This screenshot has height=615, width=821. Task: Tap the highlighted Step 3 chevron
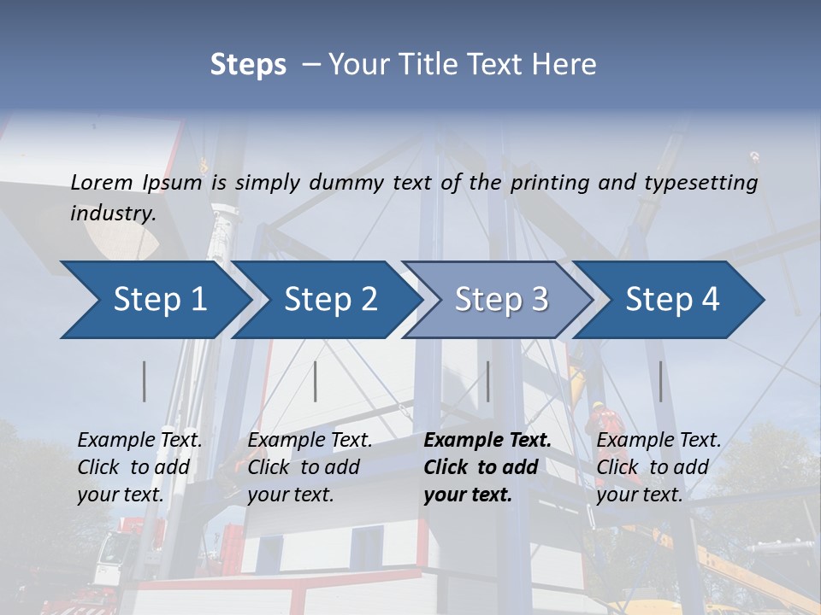click(501, 300)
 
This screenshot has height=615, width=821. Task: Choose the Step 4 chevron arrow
click(672, 300)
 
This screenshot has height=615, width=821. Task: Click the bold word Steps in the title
click(248, 65)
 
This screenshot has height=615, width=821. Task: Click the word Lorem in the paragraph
click(102, 182)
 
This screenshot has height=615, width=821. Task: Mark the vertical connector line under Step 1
click(145, 381)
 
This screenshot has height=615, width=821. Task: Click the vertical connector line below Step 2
click(316, 381)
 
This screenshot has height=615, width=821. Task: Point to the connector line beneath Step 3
click(488, 381)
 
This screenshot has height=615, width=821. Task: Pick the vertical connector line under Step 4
click(660, 381)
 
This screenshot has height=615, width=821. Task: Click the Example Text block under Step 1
click(139, 467)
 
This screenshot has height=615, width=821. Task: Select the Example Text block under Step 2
click(310, 467)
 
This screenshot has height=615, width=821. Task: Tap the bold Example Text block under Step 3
click(487, 467)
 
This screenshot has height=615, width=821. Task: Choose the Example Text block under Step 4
click(659, 467)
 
